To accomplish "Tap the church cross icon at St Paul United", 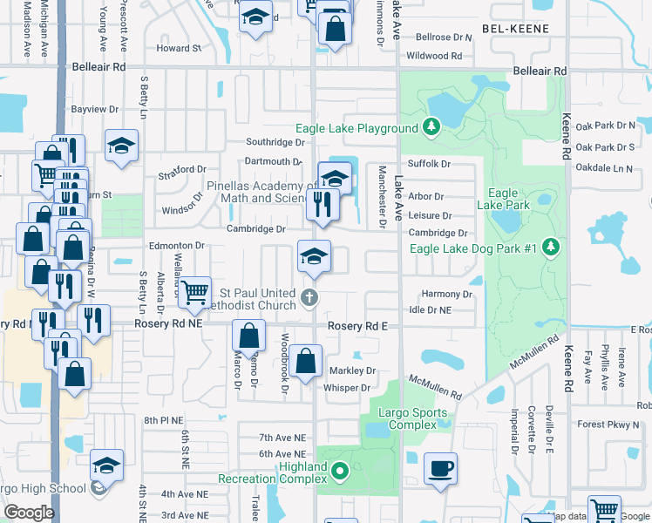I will (x=308, y=299).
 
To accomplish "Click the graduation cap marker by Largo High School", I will (x=106, y=465).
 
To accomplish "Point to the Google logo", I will (x=30, y=513).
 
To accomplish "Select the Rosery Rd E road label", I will (x=357, y=325).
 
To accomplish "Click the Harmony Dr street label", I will (x=446, y=295).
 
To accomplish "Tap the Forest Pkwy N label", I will (x=608, y=425).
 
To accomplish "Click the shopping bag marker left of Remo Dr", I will (x=249, y=336).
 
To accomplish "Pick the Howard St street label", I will (x=179, y=49).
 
